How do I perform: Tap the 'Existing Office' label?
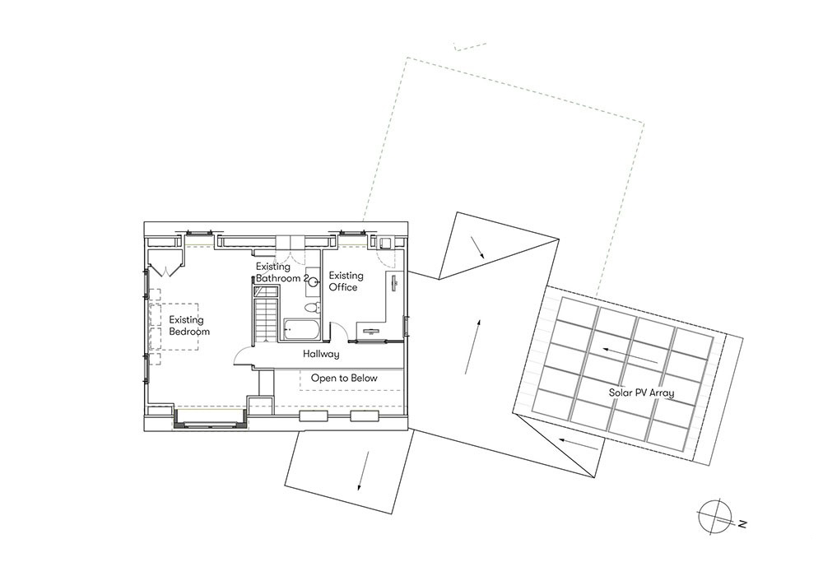point(346,281)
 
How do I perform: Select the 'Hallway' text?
point(321,355)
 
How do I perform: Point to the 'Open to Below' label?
point(344,378)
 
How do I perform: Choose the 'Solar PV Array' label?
point(641,392)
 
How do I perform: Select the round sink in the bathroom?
point(314,282)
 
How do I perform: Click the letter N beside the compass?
point(742,523)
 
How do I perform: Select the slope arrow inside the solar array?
point(630,355)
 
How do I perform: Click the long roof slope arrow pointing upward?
point(472,346)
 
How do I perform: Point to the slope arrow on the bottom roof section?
point(363,471)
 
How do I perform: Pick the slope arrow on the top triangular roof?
point(477,247)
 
